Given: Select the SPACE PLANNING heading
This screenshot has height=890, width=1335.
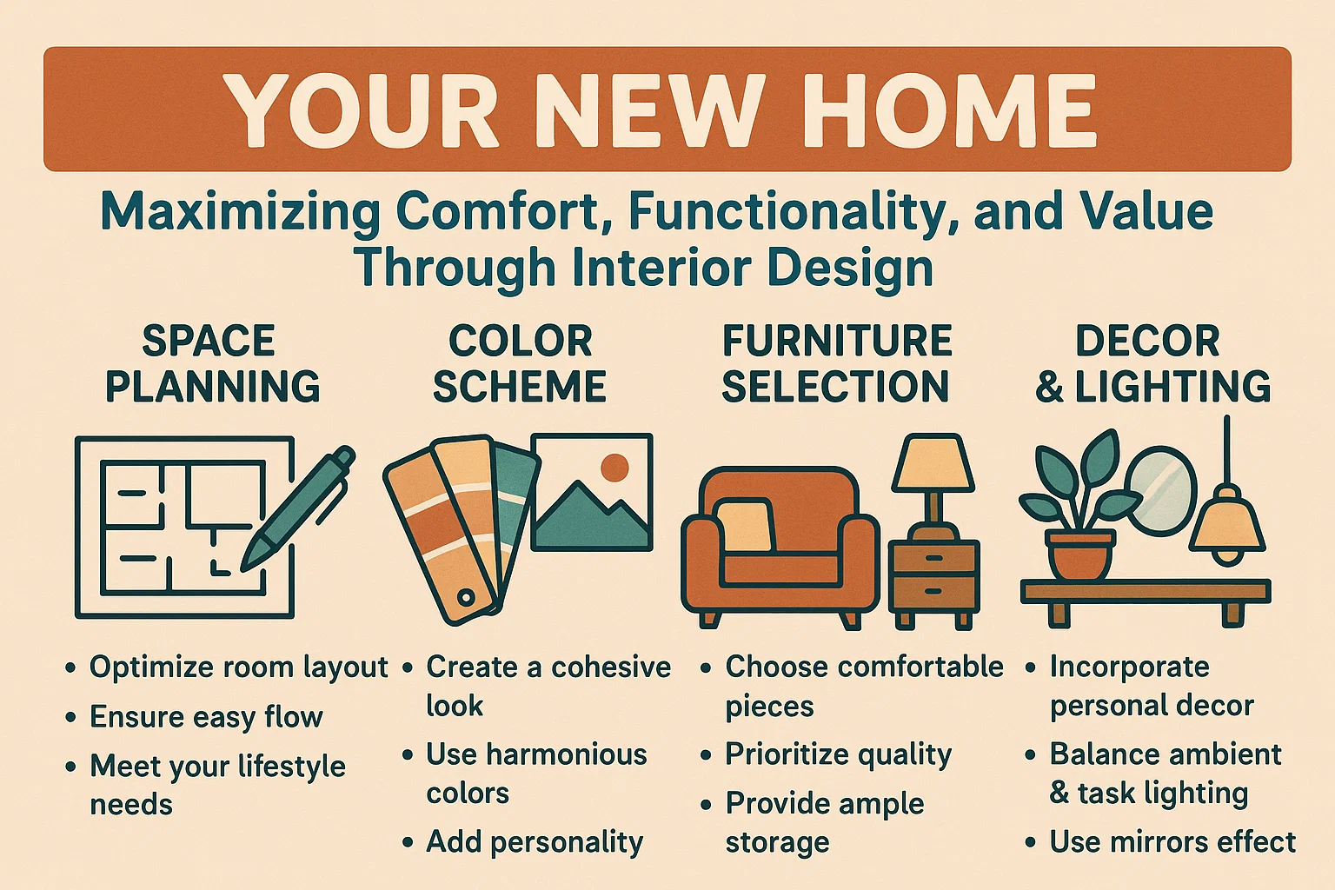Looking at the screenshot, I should [211, 363].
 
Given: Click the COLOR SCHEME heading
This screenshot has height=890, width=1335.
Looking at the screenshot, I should [520, 363].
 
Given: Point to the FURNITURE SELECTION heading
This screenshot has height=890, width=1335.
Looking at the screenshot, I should [836, 363].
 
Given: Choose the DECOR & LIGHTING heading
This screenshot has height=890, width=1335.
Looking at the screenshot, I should [1152, 363].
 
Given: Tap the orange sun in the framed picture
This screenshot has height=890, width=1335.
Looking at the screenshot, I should [614, 468].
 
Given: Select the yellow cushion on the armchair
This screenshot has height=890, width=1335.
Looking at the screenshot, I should [744, 526].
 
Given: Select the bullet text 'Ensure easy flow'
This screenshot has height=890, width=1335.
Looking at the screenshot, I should [206, 717].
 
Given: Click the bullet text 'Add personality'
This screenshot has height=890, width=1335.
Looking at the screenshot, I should [534, 841].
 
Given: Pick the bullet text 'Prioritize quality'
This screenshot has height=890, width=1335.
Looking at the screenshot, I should [838, 754].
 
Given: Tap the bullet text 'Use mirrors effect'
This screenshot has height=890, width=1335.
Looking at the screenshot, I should [1172, 841].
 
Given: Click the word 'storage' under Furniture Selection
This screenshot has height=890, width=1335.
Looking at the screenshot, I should [777, 842].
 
